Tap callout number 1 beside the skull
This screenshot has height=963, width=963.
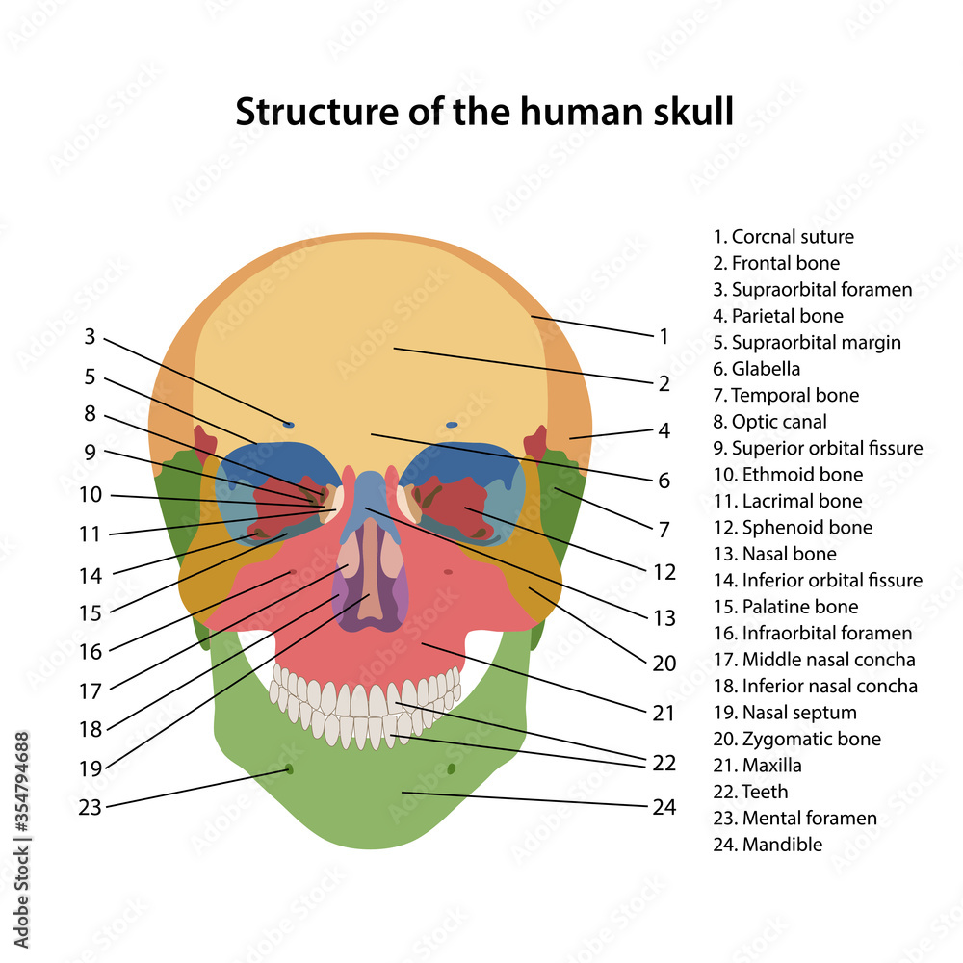point(664,336)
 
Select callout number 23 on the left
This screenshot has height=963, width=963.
point(90,808)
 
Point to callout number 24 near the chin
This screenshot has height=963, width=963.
point(664,807)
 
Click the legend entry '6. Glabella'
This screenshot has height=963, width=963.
point(756,369)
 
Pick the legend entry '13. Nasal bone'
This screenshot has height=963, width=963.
point(774,554)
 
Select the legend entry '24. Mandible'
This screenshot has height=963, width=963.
point(768,845)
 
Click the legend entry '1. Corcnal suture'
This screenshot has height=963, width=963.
point(783,237)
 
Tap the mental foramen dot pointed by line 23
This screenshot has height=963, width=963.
point(288,768)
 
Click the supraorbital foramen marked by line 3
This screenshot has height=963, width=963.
point(289,424)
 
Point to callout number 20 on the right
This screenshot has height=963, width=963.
point(664,664)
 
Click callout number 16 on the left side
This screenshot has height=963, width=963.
point(90,652)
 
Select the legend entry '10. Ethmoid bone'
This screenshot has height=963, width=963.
point(788,475)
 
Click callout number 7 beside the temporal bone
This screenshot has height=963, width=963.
point(664,529)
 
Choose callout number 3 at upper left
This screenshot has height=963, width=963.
point(90,337)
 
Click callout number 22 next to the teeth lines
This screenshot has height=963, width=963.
point(664,763)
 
